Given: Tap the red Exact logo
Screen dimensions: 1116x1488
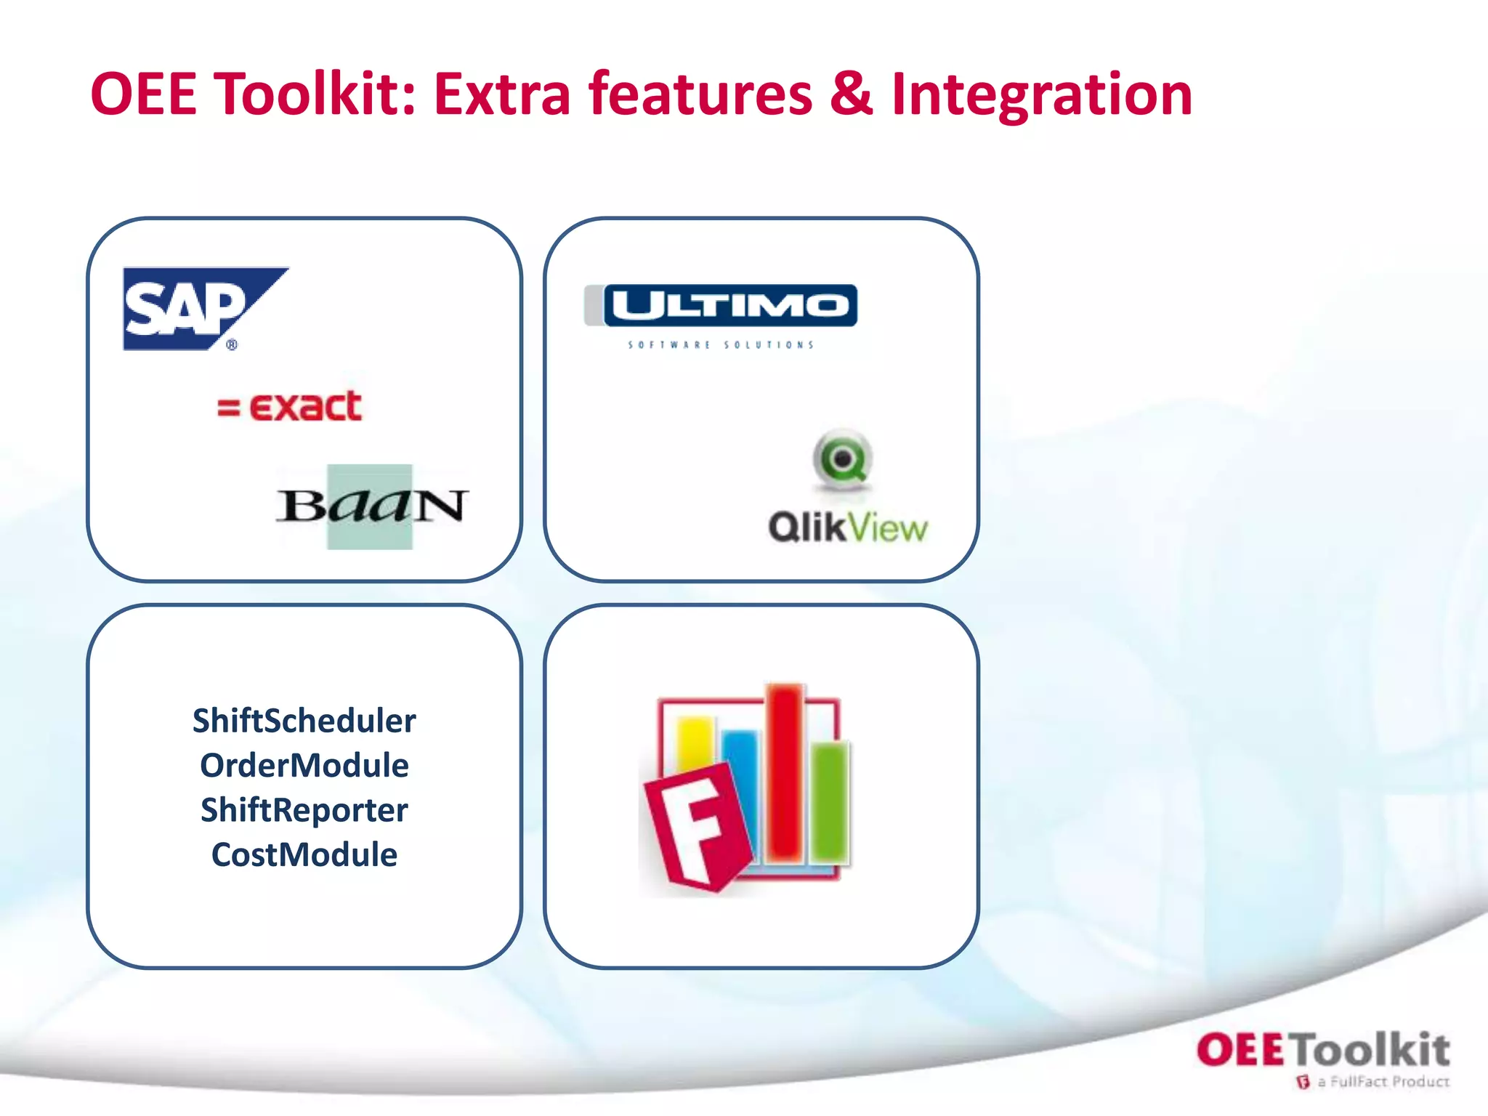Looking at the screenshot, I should click(x=291, y=406).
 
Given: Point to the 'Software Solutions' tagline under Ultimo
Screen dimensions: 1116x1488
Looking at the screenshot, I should click(x=721, y=345).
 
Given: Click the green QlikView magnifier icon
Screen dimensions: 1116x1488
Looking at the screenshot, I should click(x=842, y=458).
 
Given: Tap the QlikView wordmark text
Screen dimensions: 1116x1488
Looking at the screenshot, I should click(x=848, y=527).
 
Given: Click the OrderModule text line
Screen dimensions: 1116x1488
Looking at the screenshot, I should click(x=304, y=766).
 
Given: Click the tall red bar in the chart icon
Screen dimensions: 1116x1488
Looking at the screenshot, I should click(x=785, y=770).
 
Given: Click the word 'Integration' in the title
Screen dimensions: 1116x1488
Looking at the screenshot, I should click(x=1042, y=94).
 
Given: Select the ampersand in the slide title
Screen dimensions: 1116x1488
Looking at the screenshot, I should click(x=851, y=94).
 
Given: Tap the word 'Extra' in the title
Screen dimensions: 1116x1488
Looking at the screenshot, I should click(x=502, y=94).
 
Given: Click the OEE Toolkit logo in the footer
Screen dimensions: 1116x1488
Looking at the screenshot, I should click(x=1322, y=1051).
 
